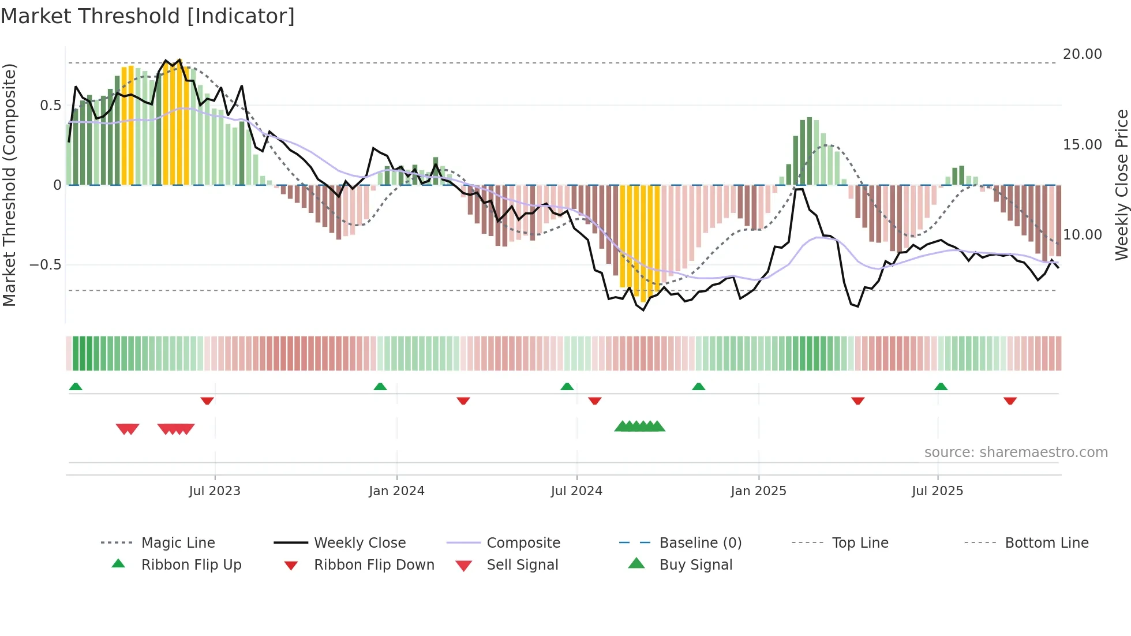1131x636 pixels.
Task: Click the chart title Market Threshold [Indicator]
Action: point(148,16)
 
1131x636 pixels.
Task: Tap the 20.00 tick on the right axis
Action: point(1082,54)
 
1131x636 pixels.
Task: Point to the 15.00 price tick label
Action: point(1082,145)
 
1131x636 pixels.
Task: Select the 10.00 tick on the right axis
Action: point(1082,235)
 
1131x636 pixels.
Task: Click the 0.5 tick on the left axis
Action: point(51,106)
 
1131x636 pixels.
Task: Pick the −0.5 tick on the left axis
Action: point(46,265)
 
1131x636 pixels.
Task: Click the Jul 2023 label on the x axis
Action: point(215,491)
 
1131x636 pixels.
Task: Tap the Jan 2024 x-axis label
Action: point(396,491)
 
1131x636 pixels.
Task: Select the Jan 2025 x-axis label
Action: point(758,491)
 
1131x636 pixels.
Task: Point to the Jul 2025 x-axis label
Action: point(937,491)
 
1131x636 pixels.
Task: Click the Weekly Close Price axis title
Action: point(1121,185)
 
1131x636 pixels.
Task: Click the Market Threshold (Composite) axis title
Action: point(9,185)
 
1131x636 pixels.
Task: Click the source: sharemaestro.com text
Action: point(1016,452)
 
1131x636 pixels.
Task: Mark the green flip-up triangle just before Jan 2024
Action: point(380,387)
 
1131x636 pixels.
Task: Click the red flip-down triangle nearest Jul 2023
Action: point(207,401)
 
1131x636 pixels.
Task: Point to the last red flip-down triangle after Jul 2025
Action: point(1010,401)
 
